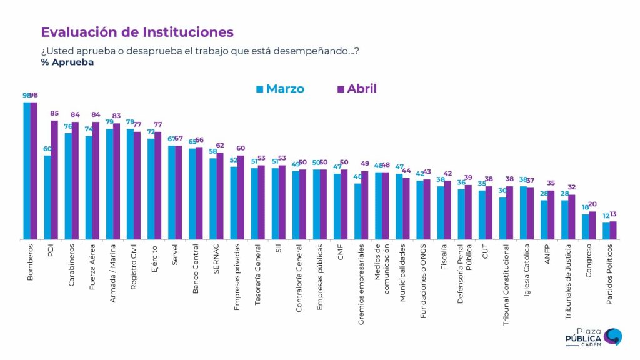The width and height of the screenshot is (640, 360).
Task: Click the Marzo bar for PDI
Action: pyautogui.click(x=47, y=197)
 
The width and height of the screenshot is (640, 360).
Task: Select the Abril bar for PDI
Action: pyautogui.click(x=54, y=179)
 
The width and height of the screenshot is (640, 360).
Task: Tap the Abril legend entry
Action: pyautogui.click(x=357, y=89)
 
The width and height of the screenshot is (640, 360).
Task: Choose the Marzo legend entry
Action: pyautogui.click(x=281, y=89)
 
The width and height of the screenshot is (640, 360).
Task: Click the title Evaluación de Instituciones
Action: pyautogui.click(x=137, y=32)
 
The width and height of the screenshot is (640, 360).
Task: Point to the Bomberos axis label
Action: pyautogui.click(x=31, y=262)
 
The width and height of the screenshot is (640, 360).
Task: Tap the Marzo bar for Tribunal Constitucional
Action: pyautogui.click(x=502, y=218)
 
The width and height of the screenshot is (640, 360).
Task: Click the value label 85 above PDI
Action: pyautogui.click(x=55, y=114)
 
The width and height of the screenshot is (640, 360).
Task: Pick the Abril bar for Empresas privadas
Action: pyautogui.click(x=241, y=197)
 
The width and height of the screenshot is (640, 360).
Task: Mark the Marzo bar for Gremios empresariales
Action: pyautogui.click(x=357, y=211)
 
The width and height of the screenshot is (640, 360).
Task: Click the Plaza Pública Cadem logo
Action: pyautogui.click(x=593, y=337)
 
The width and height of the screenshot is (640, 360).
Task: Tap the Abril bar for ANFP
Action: pyautogui.click(x=551, y=214)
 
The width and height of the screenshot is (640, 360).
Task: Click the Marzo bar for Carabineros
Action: pyautogui.click(x=68, y=186)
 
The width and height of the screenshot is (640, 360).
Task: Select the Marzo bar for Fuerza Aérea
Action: pyautogui.click(x=89, y=187)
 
